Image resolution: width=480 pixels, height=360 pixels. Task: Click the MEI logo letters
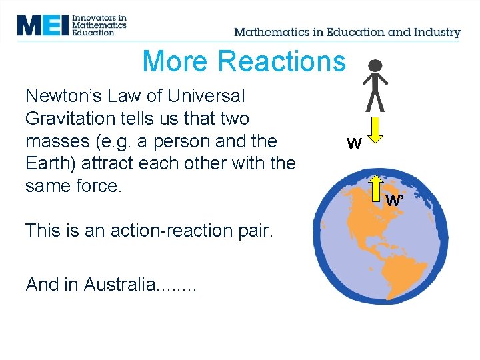(x=43, y=25)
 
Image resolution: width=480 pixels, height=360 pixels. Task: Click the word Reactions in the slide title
(x=281, y=61)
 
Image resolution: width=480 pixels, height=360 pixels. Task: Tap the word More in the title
(x=176, y=61)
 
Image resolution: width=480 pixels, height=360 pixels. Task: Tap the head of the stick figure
(x=376, y=66)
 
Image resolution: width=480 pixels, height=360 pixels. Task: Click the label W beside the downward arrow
(x=354, y=143)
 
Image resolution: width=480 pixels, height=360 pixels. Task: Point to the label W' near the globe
(x=395, y=200)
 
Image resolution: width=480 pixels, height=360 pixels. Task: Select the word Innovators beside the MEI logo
(x=99, y=17)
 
